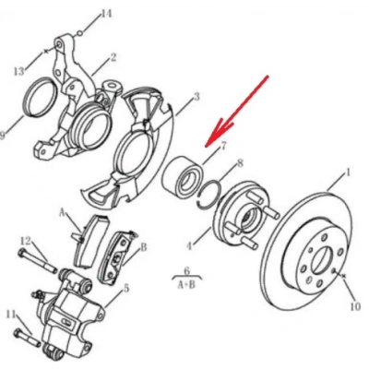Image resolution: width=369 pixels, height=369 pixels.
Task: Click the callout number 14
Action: click(x=106, y=14)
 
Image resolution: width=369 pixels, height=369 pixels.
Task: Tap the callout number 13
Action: click(x=19, y=71)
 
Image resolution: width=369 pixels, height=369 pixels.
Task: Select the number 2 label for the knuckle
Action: click(x=113, y=57)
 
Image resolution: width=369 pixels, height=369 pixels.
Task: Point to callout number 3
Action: click(x=196, y=97)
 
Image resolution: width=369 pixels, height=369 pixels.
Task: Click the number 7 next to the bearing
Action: click(x=223, y=146)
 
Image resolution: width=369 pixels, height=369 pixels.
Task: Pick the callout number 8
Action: click(x=240, y=163)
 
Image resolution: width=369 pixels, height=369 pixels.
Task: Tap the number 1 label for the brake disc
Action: click(x=348, y=173)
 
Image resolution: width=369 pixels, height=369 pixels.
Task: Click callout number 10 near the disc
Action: click(x=355, y=306)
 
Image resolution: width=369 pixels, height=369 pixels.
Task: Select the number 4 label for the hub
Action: click(x=190, y=246)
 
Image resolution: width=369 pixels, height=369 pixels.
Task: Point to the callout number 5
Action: click(x=126, y=289)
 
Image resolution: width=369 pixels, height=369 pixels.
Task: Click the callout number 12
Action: click(x=26, y=241)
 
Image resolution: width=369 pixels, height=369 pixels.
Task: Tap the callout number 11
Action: click(x=11, y=315)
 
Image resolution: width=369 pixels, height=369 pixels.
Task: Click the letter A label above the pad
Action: click(x=63, y=212)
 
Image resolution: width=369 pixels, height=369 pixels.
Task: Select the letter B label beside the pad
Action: click(x=144, y=247)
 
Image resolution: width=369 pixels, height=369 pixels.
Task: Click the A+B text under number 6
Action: click(x=186, y=285)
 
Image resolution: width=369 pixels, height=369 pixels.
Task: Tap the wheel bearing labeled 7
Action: click(x=182, y=178)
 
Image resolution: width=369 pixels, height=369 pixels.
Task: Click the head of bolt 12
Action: click(x=22, y=254)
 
